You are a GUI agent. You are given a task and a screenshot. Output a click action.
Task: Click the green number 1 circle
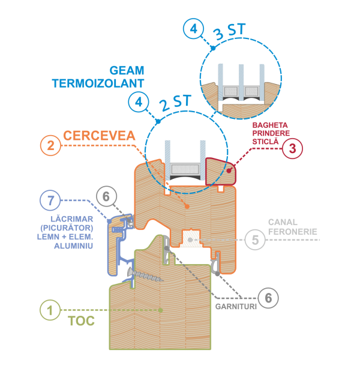(50, 310)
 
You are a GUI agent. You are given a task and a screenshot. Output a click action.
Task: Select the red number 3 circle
(292, 149)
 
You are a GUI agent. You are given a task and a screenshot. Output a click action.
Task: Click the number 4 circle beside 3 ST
(193, 28)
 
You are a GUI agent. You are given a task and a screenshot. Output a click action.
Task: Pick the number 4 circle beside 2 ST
(139, 101)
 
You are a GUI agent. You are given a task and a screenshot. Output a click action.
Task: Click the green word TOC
(82, 321)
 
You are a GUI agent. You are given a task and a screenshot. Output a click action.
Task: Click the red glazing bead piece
(220, 171)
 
